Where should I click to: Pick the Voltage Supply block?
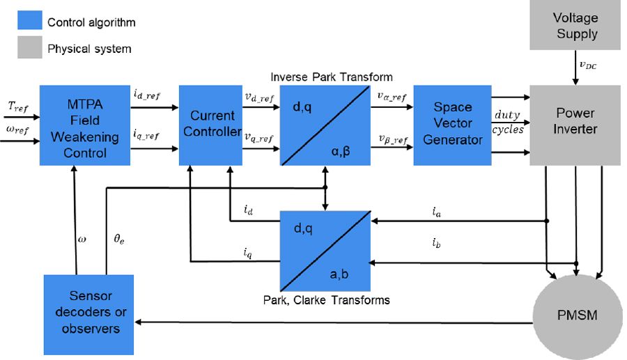tap(575, 25)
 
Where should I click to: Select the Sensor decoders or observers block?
tap(88, 314)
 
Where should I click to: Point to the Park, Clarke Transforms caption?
tap(326, 300)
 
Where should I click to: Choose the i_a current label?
tap(437, 212)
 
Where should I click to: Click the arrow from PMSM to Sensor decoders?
tap(334, 323)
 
